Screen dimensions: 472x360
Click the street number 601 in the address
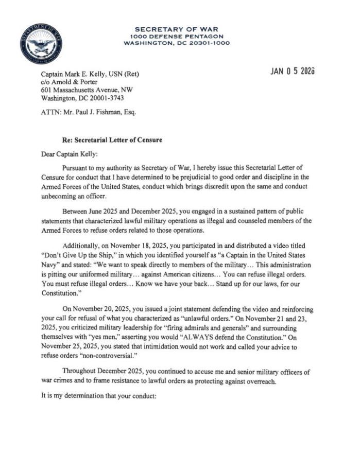(46, 90)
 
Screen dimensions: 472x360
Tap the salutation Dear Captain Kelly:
(66, 154)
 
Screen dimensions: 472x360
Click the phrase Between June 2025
(93, 212)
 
